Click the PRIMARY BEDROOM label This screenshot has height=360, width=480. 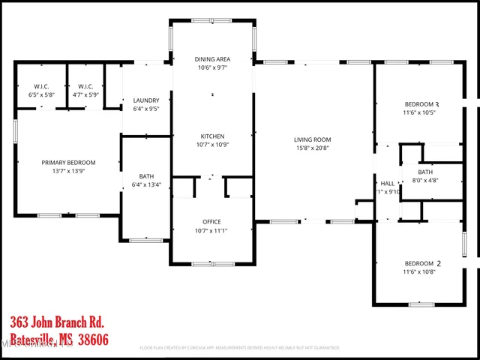click(x=68, y=163)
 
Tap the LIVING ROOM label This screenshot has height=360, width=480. click(x=312, y=139)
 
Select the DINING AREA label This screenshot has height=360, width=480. click(x=212, y=58)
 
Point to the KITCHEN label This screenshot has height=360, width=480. click(x=212, y=136)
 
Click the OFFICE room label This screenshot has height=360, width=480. click(x=211, y=222)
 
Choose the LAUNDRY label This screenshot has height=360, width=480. click(x=146, y=100)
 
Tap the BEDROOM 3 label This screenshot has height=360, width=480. click(x=421, y=104)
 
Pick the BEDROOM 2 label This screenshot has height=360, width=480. click(x=421, y=264)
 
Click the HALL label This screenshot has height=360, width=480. click(x=388, y=183)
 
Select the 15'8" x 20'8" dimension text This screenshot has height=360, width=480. click(x=312, y=148)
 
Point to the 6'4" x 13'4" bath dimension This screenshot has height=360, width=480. click(x=146, y=185)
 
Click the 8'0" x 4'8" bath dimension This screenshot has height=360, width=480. click(x=425, y=180)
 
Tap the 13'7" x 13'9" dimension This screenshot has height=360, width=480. click(x=68, y=171)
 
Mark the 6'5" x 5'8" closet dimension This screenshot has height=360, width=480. click(x=42, y=95)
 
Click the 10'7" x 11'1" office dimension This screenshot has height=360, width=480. click(x=211, y=230)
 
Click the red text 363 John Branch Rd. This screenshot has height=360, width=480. click(x=56, y=322)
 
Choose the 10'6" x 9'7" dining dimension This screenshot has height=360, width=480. click(x=212, y=67)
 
